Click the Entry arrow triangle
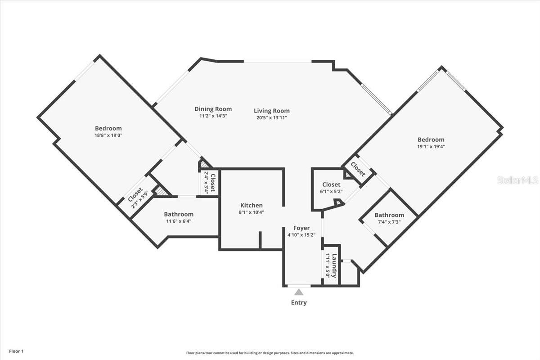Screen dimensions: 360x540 point(299,292)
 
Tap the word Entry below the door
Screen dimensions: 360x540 point(299,302)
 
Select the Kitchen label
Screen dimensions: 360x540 point(252,205)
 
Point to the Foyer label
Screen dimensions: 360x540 point(301,228)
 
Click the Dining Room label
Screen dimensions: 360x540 point(213,109)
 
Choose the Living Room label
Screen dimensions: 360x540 point(272,111)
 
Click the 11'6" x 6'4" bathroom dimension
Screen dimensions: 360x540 point(179,221)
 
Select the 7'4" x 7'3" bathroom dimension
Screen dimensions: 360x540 point(389,222)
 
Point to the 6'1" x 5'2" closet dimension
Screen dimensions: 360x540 point(331,191)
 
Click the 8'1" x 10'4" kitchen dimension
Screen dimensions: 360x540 point(252,212)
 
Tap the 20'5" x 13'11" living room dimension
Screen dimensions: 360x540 point(272,117)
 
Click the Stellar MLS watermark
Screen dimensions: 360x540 point(517,180)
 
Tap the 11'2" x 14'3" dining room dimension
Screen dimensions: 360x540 point(213,116)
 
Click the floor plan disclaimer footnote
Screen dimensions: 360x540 point(270,353)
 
